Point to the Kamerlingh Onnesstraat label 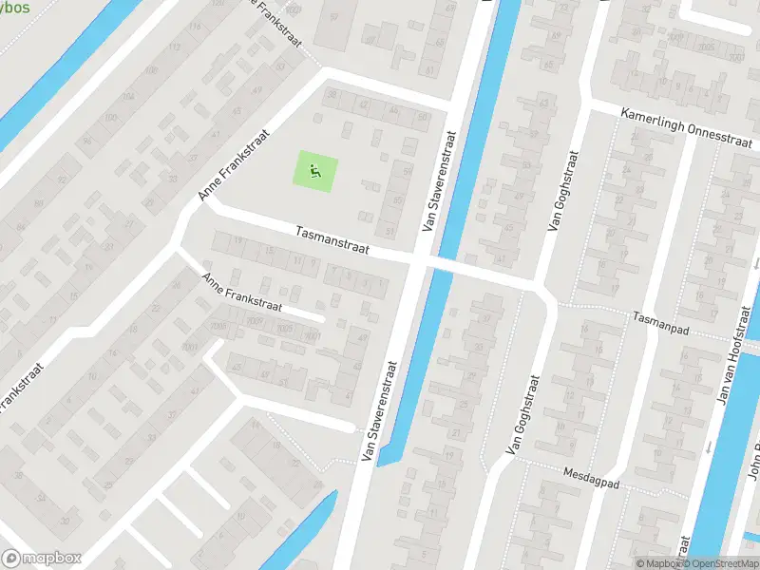[x=688, y=127]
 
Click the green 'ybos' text [x=15, y=8]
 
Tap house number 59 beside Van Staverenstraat [x=408, y=172]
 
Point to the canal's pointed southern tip [x=380, y=464]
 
